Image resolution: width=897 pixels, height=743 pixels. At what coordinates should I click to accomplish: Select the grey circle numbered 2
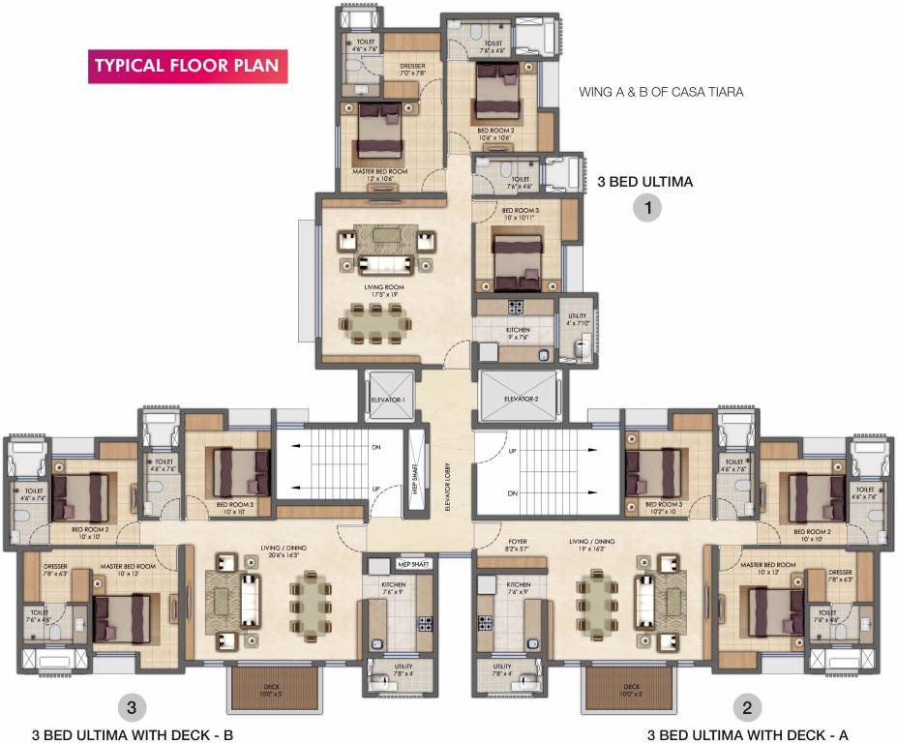pyautogui.click(x=745, y=707)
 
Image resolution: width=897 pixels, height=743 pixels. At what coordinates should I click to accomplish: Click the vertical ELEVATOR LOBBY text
pyautogui.click(x=448, y=474)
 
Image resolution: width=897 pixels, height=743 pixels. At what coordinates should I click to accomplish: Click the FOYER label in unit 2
pyautogui.click(x=518, y=544)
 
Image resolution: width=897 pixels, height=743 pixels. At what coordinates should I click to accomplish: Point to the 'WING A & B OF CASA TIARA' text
pyautogui.click(x=660, y=93)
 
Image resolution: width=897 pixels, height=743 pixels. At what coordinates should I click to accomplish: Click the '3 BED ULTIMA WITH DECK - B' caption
pyautogui.click(x=133, y=734)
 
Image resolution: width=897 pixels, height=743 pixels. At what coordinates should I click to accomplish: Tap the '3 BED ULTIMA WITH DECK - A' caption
pyautogui.click(x=748, y=734)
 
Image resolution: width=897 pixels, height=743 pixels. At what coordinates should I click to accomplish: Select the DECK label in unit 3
pyautogui.click(x=272, y=690)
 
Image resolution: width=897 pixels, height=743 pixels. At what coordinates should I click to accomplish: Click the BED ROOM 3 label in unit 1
pyautogui.click(x=519, y=214)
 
